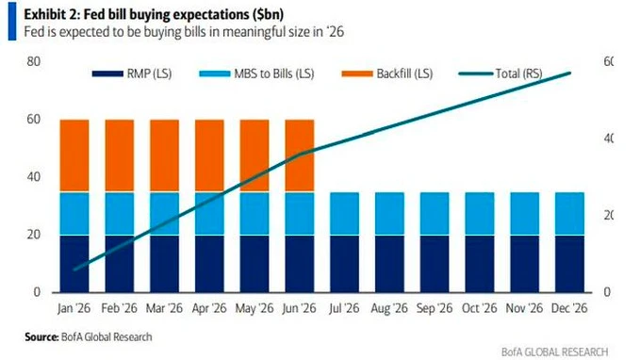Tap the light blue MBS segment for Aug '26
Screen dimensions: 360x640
pos(389,214)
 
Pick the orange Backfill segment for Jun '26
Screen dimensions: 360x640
pos(300,155)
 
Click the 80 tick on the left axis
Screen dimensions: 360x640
pos(33,61)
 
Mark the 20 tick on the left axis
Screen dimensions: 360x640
pos(33,235)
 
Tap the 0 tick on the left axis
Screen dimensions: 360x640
pos(36,292)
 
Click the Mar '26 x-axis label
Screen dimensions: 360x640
pos(164,308)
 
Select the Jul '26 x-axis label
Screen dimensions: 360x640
pos(344,308)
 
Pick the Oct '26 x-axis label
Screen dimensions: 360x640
pos(480,308)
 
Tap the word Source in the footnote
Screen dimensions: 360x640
pos(41,335)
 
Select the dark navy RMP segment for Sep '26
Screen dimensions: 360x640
pos(435,263)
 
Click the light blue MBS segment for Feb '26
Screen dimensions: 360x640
pos(119,214)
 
